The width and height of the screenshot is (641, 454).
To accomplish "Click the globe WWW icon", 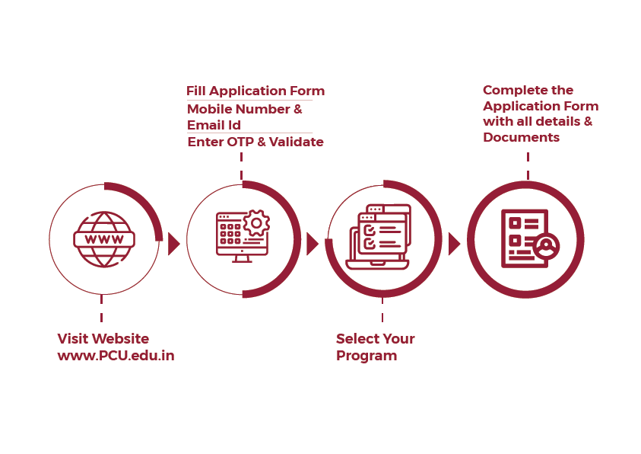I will (104, 239).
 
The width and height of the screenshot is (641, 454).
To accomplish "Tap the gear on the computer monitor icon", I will (256, 223).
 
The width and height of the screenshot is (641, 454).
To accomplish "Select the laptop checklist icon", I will (378, 237).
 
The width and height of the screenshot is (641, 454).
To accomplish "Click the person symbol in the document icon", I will (545, 247).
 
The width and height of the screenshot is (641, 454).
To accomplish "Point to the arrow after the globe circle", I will (173, 244).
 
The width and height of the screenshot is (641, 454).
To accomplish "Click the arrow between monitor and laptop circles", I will (312, 244).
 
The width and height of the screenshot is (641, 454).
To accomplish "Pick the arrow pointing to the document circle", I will (454, 244).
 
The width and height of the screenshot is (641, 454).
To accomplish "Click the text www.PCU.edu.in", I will (116, 356).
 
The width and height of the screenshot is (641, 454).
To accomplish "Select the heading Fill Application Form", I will (255, 91).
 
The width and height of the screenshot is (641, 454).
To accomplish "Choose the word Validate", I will (297, 142).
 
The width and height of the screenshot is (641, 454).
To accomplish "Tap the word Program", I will (367, 356).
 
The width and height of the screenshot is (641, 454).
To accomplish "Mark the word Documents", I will (521, 138).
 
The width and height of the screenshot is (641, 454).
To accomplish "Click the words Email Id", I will (214, 125).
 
